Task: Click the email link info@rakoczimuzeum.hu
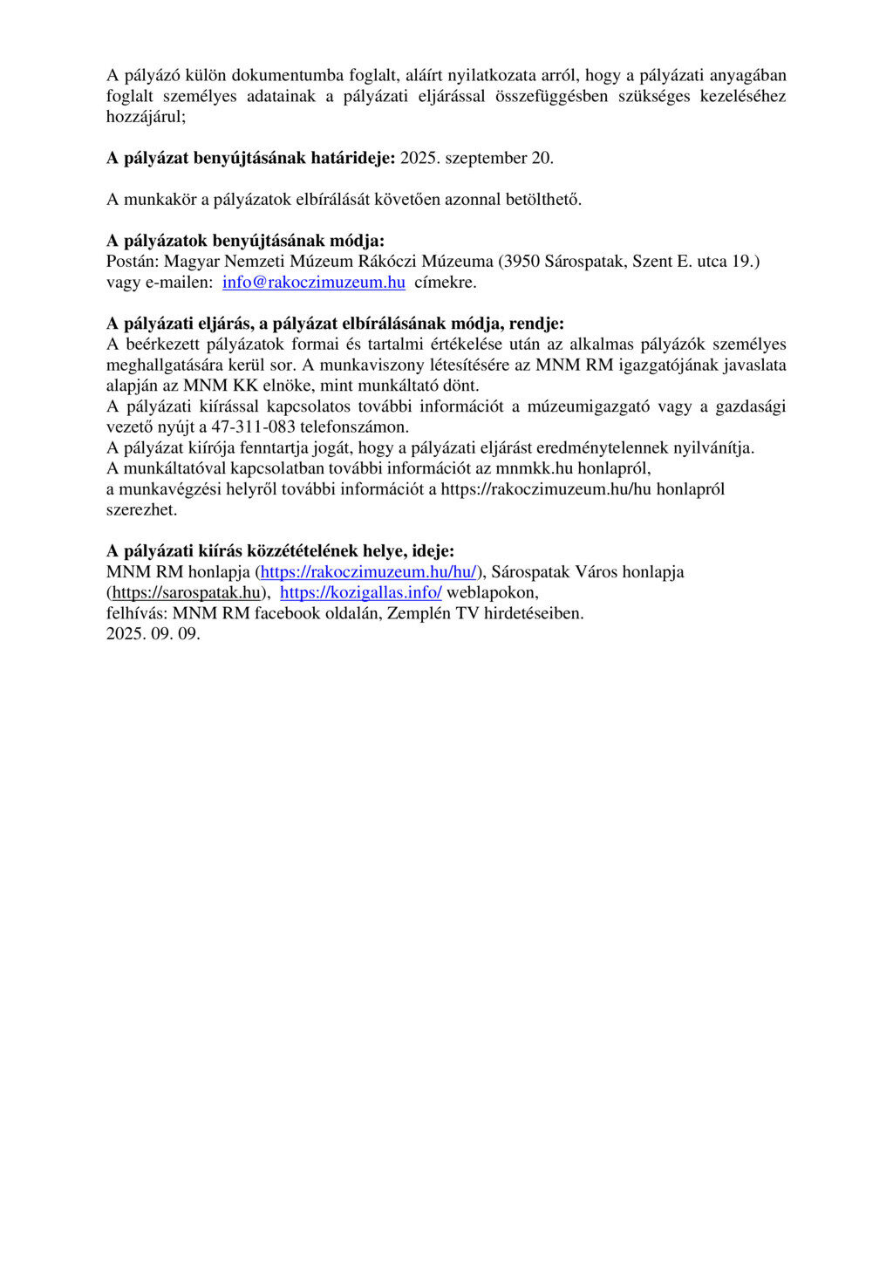(x=313, y=283)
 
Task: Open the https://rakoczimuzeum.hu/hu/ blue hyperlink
(x=368, y=572)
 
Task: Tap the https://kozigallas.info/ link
(x=360, y=593)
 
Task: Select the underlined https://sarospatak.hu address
(x=187, y=593)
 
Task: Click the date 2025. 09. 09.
(x=153, y=634)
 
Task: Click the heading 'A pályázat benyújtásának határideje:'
(x=251, y=158)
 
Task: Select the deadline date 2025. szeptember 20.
(x=477, y=158)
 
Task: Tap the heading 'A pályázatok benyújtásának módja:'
(x=245, y=241)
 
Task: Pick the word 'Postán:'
(x=133, y=262)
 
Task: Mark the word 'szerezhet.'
(x=142, y=510)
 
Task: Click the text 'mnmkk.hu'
(x=528, y=468)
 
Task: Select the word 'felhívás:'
(x=137, y=613)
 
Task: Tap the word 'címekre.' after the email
(x=445, y=283)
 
